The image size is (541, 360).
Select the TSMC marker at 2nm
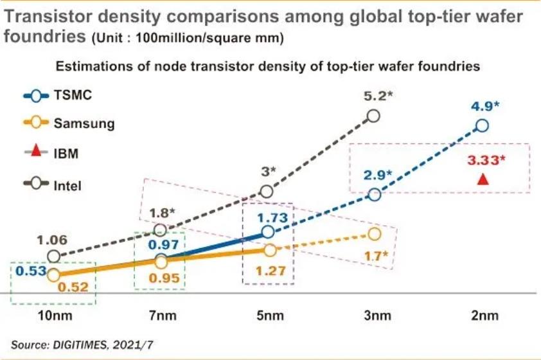click(x=482, y=125)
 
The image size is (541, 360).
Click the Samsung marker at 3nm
click(x=375, y=234)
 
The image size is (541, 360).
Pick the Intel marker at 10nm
click(x=54, y=256)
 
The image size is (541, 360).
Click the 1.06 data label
click(x=53, y=240)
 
